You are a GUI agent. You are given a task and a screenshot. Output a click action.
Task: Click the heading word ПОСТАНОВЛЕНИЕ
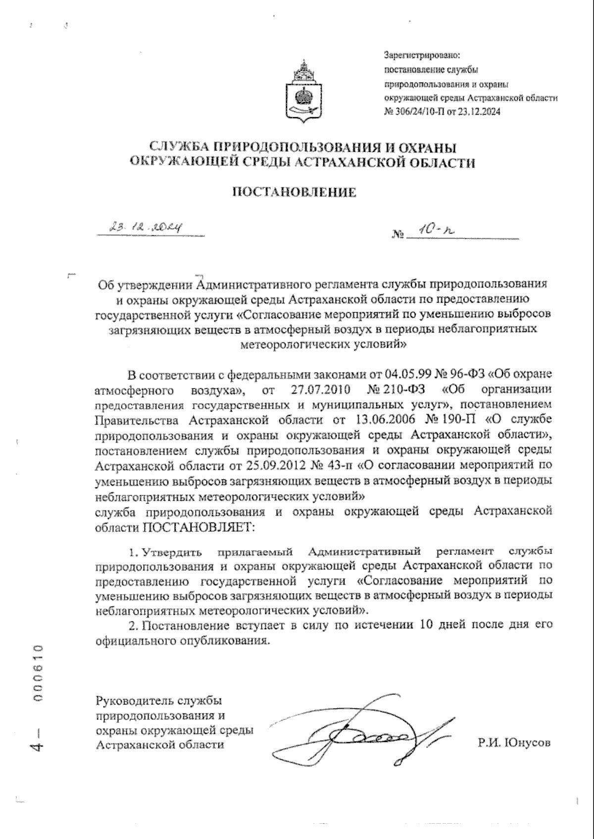[x=295, y=192]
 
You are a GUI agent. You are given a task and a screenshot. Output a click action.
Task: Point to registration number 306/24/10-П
[x=424, y=112]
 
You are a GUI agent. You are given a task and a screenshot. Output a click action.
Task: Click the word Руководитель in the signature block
[x=130, y=701]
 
